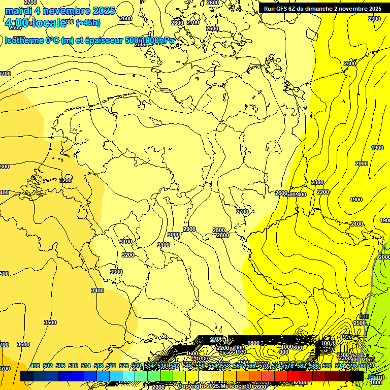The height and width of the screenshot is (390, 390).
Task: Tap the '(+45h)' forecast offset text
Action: pos(88,22)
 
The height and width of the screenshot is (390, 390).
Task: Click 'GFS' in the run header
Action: pos(282,9)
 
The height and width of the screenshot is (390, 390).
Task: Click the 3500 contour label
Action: pos(50,322)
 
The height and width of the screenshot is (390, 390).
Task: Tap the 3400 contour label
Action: pos(97,290)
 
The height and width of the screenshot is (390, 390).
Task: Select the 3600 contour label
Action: pos(23,344)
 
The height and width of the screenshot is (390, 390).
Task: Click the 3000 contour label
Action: pos(174,235)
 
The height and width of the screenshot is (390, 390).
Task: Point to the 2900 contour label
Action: pos(189,229)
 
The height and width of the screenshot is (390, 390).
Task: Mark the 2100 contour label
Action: pos(357,224)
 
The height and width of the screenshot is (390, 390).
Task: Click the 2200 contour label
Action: pos(322,192)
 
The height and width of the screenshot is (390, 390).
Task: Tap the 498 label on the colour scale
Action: pos(35,366)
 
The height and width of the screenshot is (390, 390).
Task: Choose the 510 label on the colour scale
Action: pos(73,366)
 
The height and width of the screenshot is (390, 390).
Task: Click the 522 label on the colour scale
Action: pos(111,366)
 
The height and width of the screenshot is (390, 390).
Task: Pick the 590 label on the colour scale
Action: pos(327,366)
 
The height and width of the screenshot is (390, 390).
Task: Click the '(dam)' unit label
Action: pos(376,377)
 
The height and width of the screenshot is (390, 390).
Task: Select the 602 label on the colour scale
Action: pos(365,366)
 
